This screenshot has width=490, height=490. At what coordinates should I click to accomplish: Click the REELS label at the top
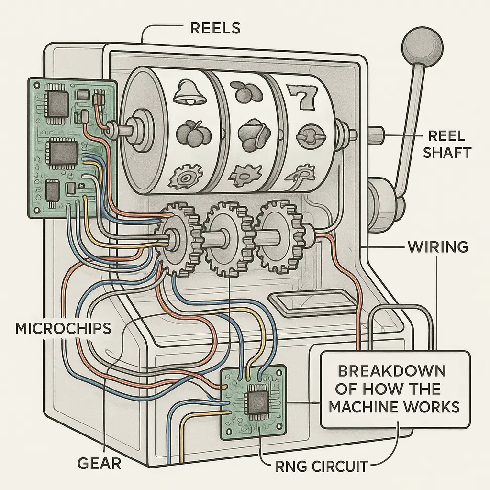[215, 28]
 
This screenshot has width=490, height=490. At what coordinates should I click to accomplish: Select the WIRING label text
[437, 247]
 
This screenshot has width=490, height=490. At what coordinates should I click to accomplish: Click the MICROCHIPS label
[63, 328]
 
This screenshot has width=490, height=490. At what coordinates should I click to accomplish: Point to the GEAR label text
[99, 463]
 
